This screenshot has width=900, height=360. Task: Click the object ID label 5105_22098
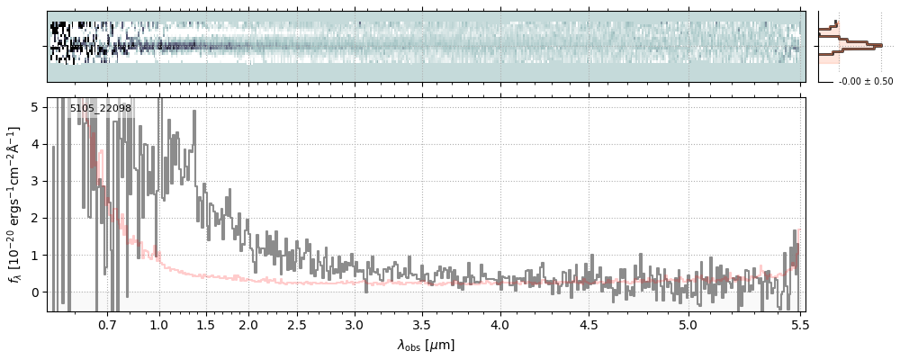pyautogui.click(x=101, y=109)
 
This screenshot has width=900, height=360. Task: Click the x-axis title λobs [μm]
pyautogui.click(x=426, y=345)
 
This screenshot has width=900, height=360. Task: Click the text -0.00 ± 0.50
pyautogui.click(x=865, y=82)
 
